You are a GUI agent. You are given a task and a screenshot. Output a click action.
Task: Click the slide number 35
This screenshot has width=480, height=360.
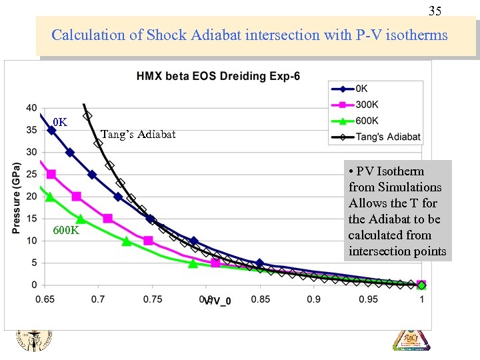click(x=434, y=11)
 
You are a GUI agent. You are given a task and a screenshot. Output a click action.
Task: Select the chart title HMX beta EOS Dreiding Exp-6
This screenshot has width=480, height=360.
click(x=218, y=76)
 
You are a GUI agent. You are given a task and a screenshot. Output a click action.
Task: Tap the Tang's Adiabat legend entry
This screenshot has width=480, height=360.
click(x=388, y=137)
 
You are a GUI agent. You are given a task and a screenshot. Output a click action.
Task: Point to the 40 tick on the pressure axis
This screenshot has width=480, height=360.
click(x=31, y=108)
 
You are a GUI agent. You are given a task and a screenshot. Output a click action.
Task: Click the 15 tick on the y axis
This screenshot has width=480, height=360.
click(x=31, y=219)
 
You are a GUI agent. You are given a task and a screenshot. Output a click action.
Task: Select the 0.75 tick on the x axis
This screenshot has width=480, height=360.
click(x=153, y=299)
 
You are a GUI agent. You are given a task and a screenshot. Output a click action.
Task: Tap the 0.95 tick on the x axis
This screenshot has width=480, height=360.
click(x=368, y=299)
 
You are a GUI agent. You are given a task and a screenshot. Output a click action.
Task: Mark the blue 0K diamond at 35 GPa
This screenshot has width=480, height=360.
click(x=51, y=130)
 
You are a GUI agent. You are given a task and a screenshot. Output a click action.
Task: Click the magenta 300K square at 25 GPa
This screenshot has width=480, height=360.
click(x=51, y=174)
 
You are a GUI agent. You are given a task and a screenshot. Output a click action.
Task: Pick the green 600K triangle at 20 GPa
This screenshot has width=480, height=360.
click(x=50, y=197)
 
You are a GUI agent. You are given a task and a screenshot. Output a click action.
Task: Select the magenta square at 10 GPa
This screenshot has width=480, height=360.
click(x=148, y=241)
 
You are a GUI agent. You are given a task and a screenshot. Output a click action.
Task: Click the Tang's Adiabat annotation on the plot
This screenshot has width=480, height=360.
click(x=138, y=135)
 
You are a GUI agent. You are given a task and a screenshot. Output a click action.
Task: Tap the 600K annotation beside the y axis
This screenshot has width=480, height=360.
click(x=66, y=231)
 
